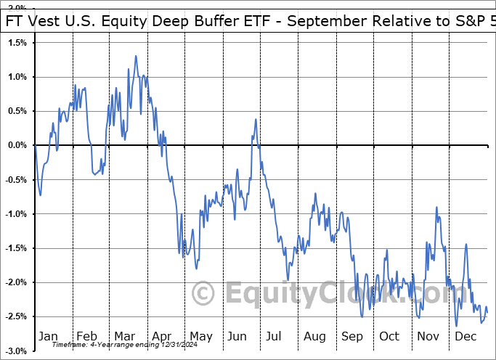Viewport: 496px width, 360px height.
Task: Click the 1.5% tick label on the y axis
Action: coord(17,43)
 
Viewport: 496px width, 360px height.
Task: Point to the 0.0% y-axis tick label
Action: coord(17,145)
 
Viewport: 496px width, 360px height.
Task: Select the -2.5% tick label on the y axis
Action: coord(16,316)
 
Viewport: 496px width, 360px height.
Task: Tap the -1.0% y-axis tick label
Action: coord(16,214)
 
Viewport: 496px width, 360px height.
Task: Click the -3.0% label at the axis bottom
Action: coord(16,351)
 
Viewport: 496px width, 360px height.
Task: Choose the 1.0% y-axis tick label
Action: coord(17,77)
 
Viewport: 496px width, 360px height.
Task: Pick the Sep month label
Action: coord(353,336)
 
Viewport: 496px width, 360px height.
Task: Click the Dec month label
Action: coord(466,336)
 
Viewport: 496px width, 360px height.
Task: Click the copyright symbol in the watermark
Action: coord(203,294)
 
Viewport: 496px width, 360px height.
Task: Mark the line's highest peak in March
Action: coord(136,55)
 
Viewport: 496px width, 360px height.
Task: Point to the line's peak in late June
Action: coord(256,119)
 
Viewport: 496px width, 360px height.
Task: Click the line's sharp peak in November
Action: coord(436,207)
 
